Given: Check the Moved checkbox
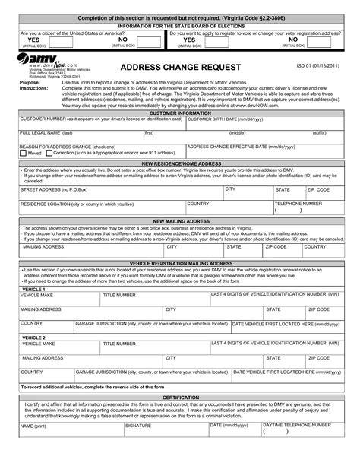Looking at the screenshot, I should (24, 153).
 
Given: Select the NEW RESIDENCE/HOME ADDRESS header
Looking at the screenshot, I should (180, 163).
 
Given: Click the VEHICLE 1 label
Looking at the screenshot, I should (33, 289).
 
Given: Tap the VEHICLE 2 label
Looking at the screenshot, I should (33, 337).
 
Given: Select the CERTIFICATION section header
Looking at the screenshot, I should (180, 397).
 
